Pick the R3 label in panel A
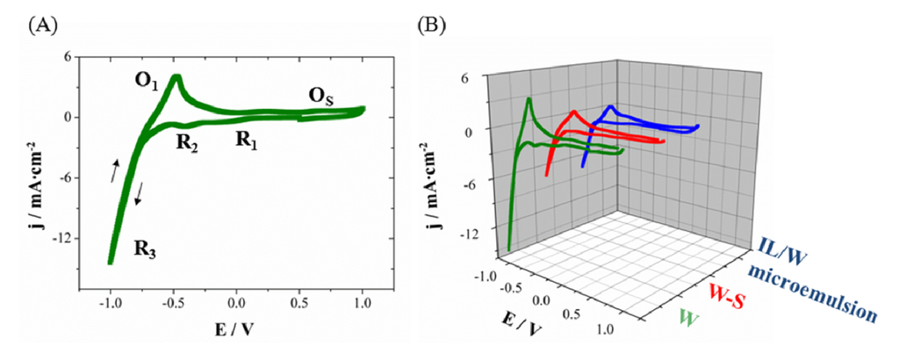pyautogui.click(x=147, y=248)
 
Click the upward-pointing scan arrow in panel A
pyautogui.click(x=116, y=171)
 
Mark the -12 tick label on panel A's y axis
pyautogui.click(x=61, y=239)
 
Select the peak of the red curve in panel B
pyautogui.click(x=573, y=112)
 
